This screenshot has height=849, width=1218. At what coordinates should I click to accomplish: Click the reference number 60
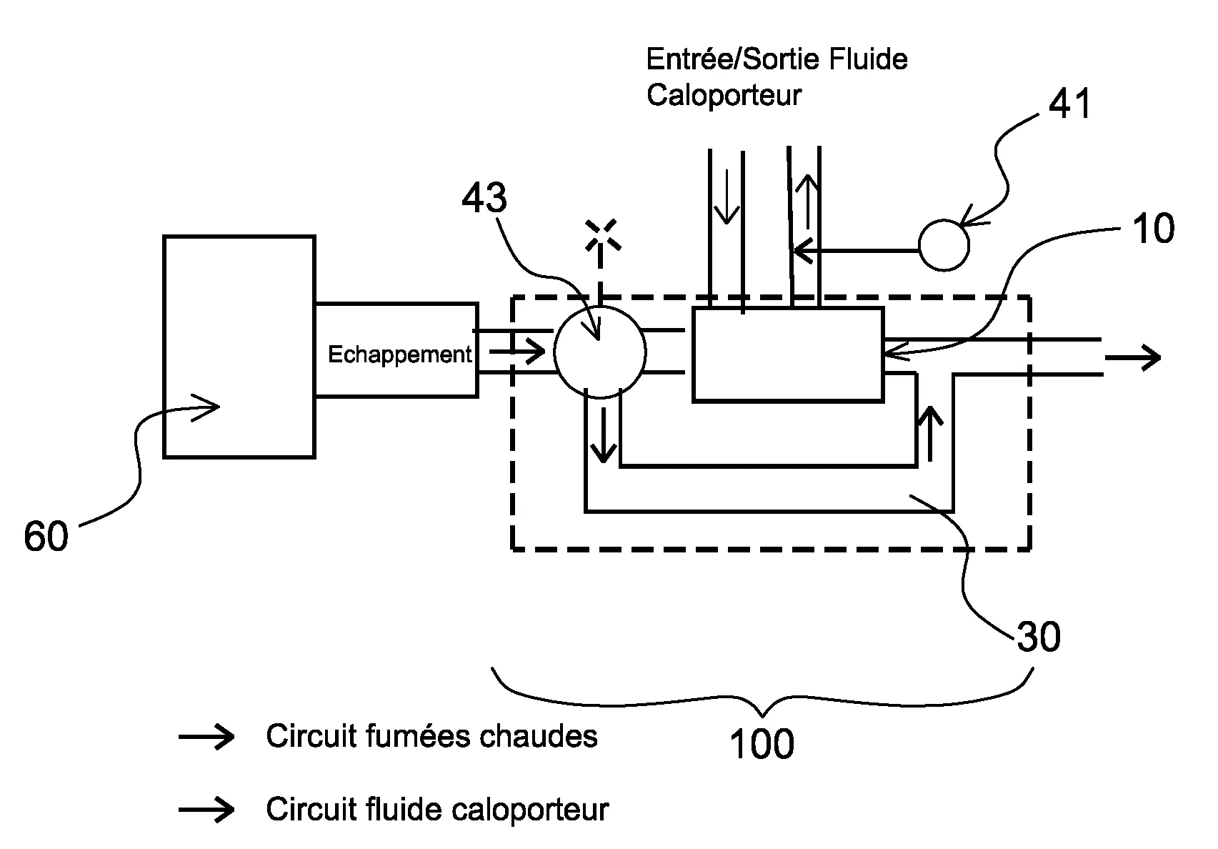coord(46,536)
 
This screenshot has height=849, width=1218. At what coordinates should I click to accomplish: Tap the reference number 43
coord(484,198)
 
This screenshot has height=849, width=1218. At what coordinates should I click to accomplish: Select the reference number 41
coord(1069,105)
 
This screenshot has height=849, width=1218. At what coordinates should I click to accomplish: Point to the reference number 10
coord(1153,229)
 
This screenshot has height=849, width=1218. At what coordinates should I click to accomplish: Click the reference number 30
coord(1039,636)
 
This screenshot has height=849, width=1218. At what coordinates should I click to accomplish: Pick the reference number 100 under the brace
coord(762,745)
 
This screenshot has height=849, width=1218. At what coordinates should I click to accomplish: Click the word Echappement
coord(399,354)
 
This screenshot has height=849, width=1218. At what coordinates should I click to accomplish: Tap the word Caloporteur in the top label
coord(724,95)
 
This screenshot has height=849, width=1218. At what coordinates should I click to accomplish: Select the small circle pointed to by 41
coord(944,246)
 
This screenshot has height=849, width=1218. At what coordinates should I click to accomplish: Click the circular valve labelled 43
coord(600,352)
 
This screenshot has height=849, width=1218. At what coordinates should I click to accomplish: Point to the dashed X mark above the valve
coord(601,235)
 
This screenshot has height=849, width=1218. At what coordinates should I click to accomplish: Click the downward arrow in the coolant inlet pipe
coord(727,197)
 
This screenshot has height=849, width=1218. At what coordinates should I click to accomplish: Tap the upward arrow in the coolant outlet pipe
coord(807,197)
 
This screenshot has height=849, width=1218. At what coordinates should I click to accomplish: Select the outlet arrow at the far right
coord(1132,357)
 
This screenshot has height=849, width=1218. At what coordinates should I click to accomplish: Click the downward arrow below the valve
coord(604,434)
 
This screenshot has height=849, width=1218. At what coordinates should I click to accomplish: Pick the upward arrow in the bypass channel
coord(929,432)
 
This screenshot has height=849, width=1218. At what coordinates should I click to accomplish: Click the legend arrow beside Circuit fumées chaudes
coord(206,737)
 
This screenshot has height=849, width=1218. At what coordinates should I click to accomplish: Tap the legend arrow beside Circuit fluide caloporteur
coord(206,810)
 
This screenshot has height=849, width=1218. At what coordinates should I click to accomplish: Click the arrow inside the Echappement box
coord(516,352)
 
